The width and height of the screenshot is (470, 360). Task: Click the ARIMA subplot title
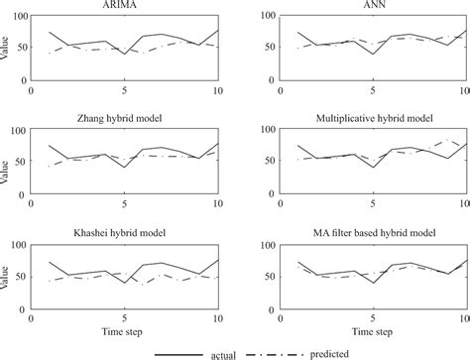click(x=126, y=6)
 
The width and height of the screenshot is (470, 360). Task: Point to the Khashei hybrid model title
click(x=126, y=234)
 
